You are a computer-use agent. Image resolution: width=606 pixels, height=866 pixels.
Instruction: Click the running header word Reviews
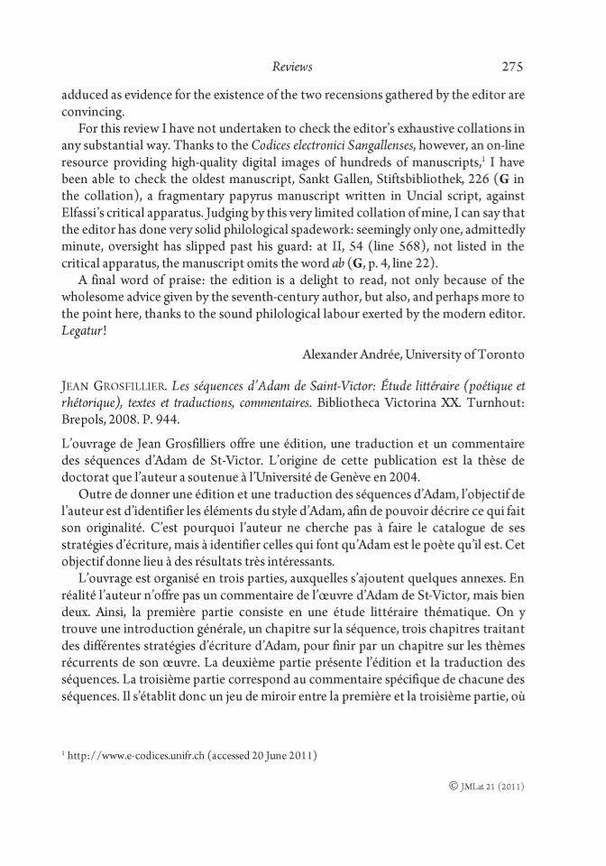click(x=291, y=66)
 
